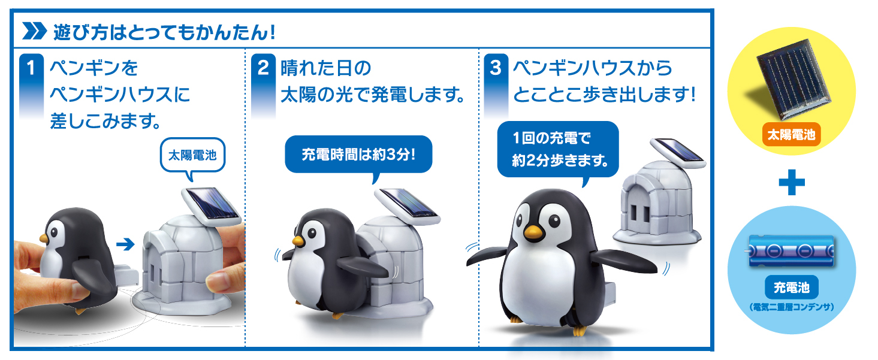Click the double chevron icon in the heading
pos(35,31)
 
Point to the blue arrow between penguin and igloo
pos(125,244)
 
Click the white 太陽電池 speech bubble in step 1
pos(192,156)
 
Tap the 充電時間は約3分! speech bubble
pos(358,155)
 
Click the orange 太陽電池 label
pos(791,135)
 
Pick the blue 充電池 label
pos(791,288)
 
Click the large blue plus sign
pos(791,182)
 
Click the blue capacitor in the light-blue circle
pos(791,251)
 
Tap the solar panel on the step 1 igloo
pos(212,207)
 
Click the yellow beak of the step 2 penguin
pos(298,241)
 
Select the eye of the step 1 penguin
pos(54,232)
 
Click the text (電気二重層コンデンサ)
pos(791,307)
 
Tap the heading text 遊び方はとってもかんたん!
pos(164,32)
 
